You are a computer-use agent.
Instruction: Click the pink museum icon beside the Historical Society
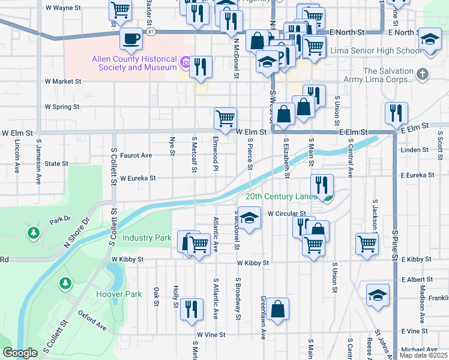tap(185, 61)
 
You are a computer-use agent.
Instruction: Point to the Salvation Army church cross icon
tap(423, 74)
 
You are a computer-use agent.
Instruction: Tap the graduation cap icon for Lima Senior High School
tap(429, 40)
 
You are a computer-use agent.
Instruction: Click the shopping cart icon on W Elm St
tap(225, 118)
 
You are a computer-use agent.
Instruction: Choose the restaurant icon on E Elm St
tap(397, 113)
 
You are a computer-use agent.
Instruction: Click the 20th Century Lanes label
tap(281, 197)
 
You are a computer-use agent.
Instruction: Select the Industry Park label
tap(147, 238)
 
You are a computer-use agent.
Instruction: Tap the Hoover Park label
tap(119, 295)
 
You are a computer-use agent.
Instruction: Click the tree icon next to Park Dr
tap(33, 232)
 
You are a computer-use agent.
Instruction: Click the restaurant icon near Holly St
tap(191, 309)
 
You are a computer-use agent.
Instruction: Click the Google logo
tap(20, 353)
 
